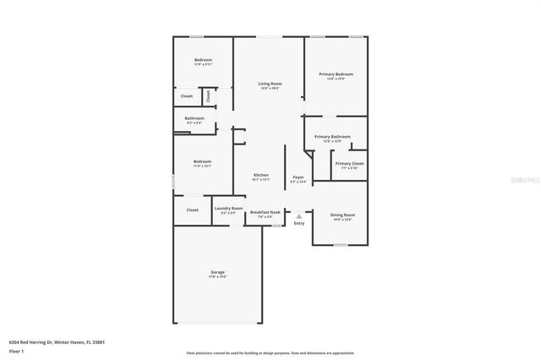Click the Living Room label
(x=270, y=84)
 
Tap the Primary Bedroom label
(x=336, y=74)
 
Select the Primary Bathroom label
(x=332, y=136)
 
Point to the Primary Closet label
(x=349, y=163)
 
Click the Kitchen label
(x=260, y=175)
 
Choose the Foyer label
(x=298, y=177)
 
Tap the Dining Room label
(x=342, y=215)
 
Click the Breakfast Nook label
(x=260, y=212)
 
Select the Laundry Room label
(x=228, y=208)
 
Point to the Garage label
(x=217, y=272)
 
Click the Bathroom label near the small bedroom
(x=194, y=118)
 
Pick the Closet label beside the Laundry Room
(x=192, y=210)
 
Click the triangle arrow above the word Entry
(x=298, y=216)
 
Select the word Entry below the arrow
(x=298, y=224)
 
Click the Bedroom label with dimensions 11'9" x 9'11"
(x=203, y=60)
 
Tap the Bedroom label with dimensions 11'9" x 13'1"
(x=202, y=161)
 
